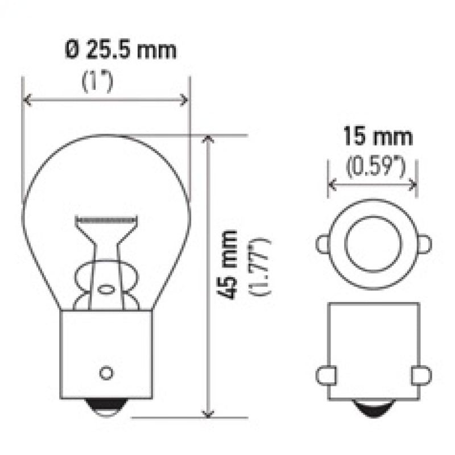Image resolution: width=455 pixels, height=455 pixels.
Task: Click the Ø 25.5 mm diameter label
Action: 120,50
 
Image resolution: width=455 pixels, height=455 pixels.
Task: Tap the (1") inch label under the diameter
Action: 98,81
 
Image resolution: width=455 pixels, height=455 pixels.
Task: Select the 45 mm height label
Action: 229,264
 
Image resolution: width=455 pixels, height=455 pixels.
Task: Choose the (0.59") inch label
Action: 375,167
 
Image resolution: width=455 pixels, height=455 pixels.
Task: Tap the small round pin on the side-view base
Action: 105,373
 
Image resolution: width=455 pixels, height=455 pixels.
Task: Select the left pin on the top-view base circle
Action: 322,245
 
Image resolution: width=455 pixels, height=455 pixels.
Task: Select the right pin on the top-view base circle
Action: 424,245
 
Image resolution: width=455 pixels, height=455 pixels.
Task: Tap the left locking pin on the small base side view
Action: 325,375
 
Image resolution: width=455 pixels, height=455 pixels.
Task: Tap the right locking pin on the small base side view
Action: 421,375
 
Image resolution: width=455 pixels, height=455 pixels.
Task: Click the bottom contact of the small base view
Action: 374,407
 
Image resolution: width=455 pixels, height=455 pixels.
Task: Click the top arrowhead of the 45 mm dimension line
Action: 209,140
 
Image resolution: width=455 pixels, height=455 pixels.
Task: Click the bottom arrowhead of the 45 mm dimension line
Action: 209,413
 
